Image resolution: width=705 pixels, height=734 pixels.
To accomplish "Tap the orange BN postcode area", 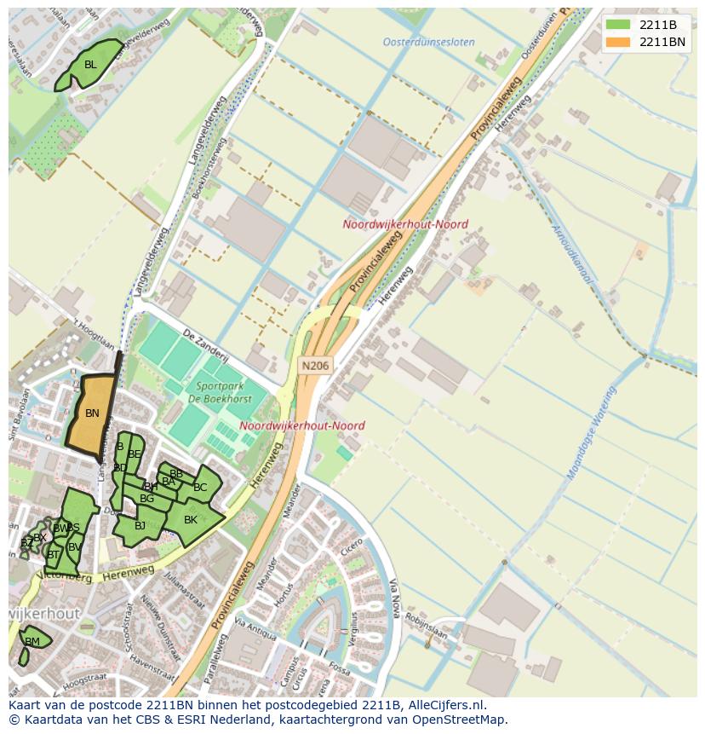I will click(x=92, y=413).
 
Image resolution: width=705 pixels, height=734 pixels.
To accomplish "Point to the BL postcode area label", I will click(x=90, y=65).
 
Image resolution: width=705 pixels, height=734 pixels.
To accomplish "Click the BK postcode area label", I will click(x=191, y=520).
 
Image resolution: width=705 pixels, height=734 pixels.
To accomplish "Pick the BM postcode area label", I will click(x=32, y=642).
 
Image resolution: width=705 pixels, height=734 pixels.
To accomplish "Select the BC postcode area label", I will click(x=200, y=488).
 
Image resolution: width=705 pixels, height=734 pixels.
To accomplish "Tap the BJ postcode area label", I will click(x=140, y=525).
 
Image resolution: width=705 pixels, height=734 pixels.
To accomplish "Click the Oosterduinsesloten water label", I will click(x=428, y=42).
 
